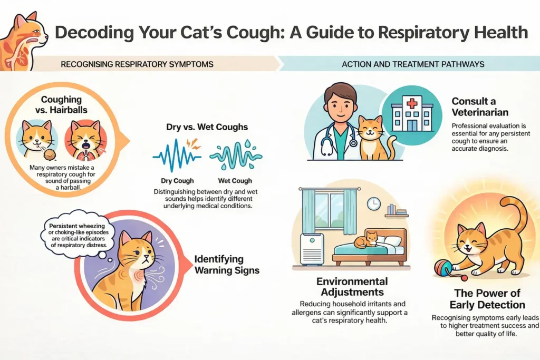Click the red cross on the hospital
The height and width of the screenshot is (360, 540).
[412, 103]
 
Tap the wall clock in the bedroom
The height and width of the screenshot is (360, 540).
[373, 204]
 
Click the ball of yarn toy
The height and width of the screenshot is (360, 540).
[443, 268]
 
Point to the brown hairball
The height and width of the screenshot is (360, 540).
[50, 154]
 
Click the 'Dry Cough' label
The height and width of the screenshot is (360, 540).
[177, 181]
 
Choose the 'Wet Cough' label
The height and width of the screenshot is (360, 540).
[235, 181]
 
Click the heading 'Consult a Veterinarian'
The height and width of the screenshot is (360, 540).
[480, 106]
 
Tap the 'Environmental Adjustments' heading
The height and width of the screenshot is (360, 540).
[352, 287]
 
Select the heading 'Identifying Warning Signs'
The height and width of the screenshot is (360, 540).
[227, 265]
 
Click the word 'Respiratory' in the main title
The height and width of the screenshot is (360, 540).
[423, 33]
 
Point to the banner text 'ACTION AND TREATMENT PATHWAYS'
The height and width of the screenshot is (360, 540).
[413, 64]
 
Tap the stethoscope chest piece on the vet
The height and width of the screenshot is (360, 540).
[353, 142]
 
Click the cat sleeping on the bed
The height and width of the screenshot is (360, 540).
[367, 240]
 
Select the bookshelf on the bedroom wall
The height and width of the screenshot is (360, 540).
[397, 211]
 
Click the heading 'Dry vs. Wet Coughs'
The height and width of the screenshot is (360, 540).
[207, 127]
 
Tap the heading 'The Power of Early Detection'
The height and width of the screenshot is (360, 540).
[487, 299]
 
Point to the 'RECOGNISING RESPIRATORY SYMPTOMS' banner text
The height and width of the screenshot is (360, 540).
[137, 64]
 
